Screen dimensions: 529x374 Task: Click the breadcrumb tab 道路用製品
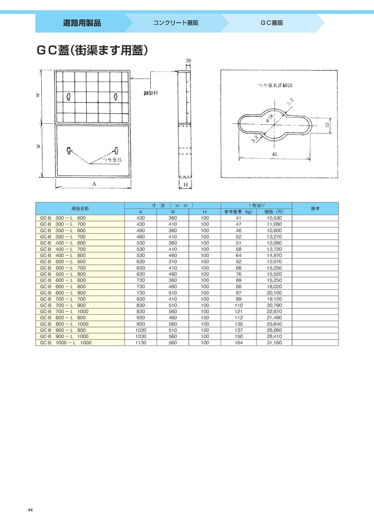coord(81,23)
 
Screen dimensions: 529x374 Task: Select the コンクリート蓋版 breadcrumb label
coord(176,23)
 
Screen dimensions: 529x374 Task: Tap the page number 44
coord(30,509)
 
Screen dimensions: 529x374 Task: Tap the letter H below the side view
coord(187,185)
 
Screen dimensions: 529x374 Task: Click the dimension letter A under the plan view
coord(93,184)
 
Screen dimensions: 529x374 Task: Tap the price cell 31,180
coord(274,343)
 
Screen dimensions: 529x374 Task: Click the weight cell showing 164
coord(238,343)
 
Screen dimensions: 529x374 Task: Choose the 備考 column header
coord(315,208)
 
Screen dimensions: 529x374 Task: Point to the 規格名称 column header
coord(80,208)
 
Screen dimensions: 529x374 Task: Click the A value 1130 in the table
coord(141,343)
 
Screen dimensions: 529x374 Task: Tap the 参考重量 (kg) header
coord(239,212)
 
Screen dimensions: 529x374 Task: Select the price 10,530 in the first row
coord(274,218)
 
